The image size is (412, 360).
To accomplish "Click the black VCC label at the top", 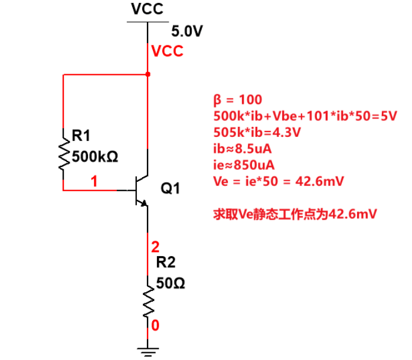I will tap(146, 9).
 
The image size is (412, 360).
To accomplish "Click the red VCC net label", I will tap(167, 51).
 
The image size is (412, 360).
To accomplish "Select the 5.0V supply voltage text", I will tap(187, 31).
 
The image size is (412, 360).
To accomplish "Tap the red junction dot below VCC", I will tap(148, 74).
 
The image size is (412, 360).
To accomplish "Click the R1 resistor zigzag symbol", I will tap(63, 153).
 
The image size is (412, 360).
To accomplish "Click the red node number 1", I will tap(93, 181).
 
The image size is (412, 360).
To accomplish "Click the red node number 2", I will tap(155, 247).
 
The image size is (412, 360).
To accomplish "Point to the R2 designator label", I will tap(166, 263).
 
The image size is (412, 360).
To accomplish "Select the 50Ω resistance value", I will tap(171, 284).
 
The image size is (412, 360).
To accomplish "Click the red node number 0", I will tap(155, 325).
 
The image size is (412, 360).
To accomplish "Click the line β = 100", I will tap(237, 99).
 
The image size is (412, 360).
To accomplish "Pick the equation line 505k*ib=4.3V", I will tap(257, 132).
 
